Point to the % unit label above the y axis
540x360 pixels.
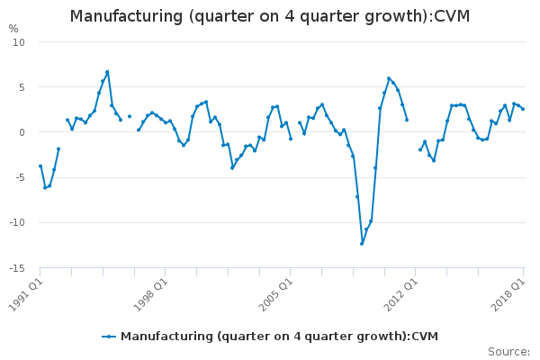point(13,29)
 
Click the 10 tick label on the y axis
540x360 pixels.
point(20,42)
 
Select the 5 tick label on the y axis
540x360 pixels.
point(22,87)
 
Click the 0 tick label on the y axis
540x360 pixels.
point(22,132)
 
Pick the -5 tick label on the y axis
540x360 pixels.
point(20,177)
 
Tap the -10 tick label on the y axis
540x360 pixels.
point(17,222)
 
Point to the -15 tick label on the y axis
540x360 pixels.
point(17,268)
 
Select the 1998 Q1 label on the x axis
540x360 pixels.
point(149,292)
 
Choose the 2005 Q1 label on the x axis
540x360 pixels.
point(274,292)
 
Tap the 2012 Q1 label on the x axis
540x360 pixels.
point(400,292)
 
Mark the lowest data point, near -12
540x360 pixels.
point(362,243)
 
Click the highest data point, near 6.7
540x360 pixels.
point(107,72)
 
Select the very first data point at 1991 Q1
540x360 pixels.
point(40,166)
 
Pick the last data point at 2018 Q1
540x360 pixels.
point(523,109)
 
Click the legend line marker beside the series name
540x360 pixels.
point(109,337)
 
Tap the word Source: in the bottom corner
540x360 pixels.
point(508,352)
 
